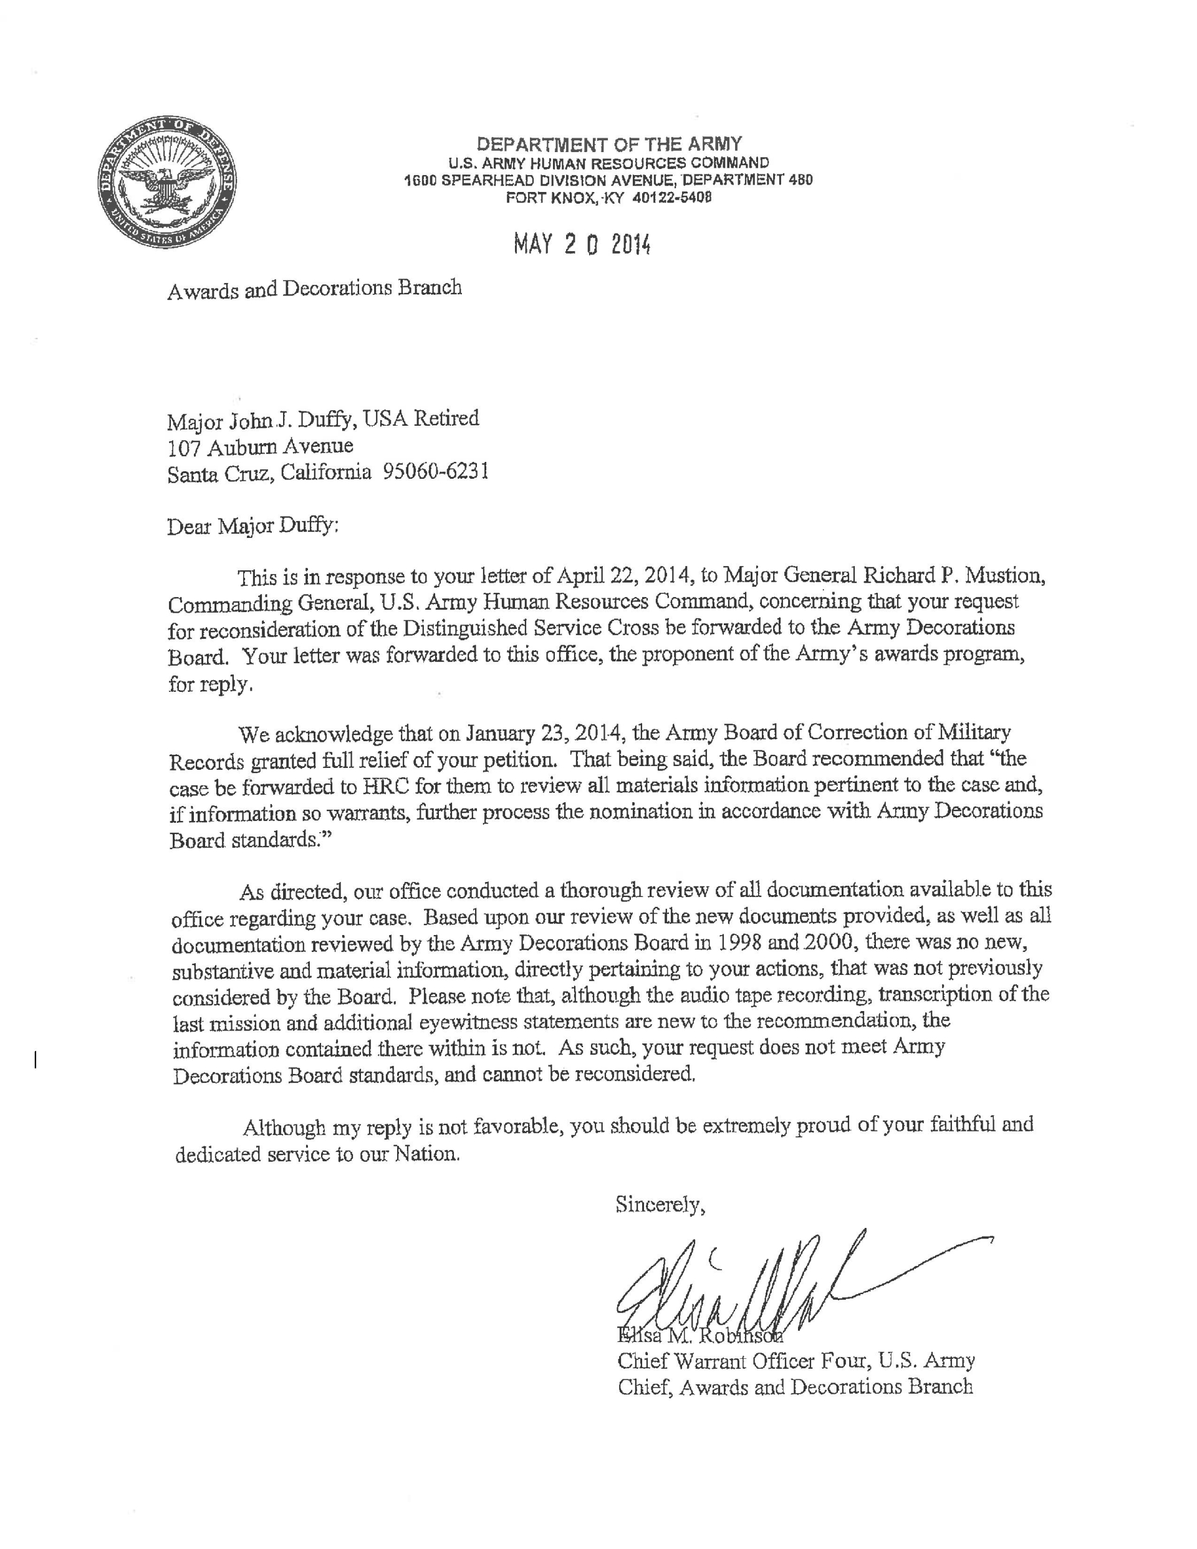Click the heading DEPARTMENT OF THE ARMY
[x=609, y=145]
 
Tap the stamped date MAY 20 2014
[x=582, y=245]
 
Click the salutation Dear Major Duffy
[x=252, y=526]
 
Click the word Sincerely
[x=660, y=1204]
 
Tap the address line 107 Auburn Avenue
[x=261, y=446]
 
